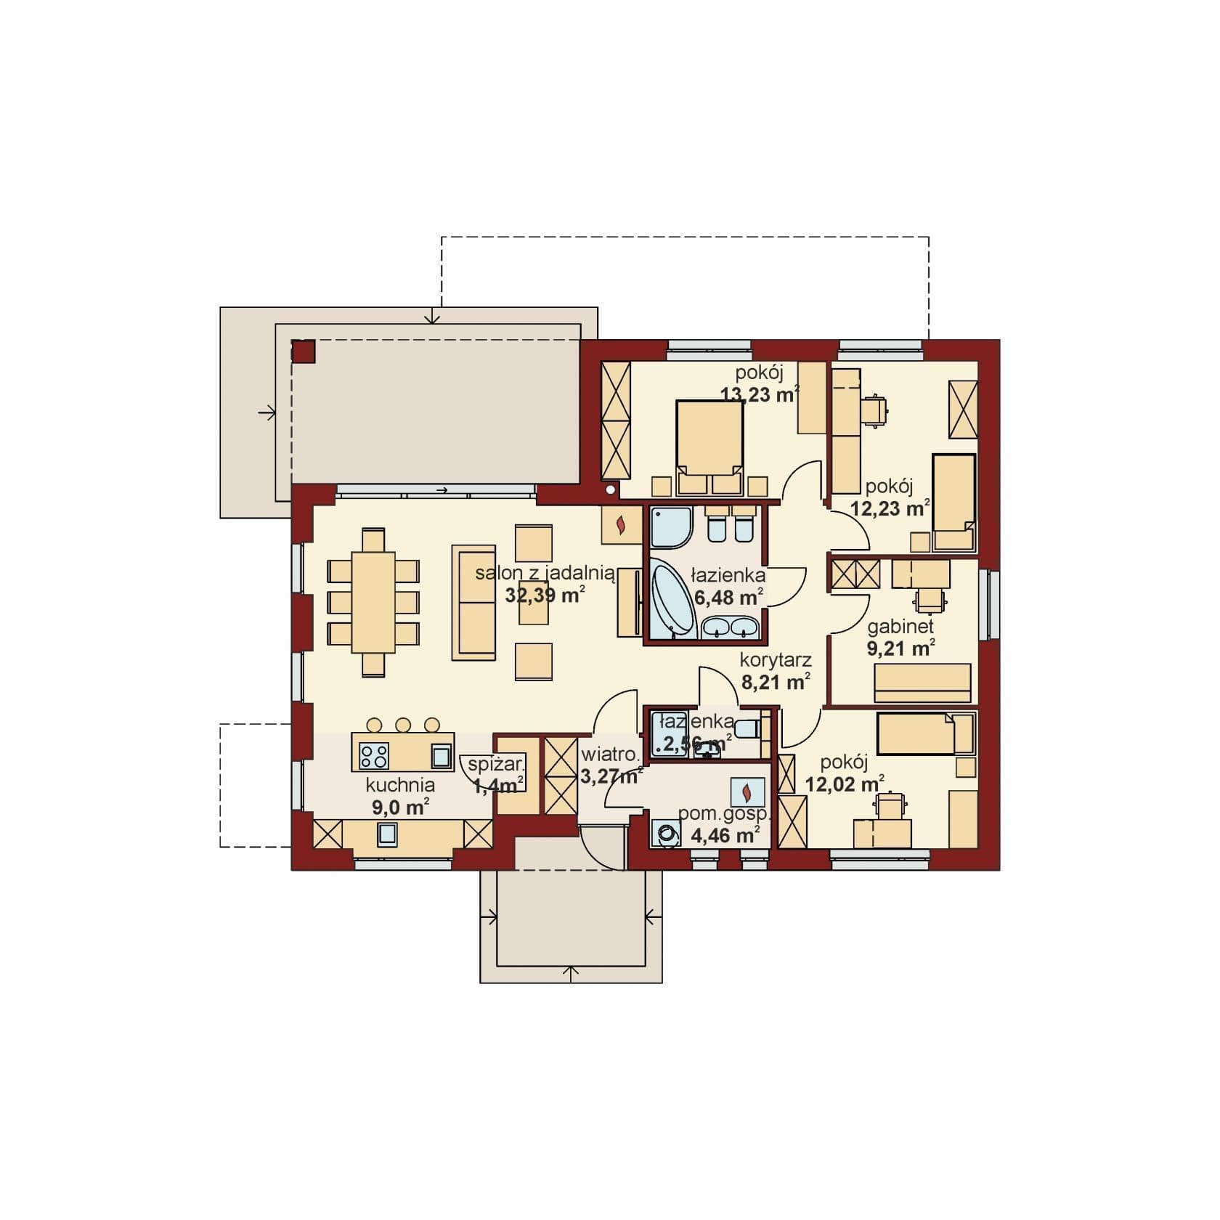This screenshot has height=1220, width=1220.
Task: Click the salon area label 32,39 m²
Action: [545, 595]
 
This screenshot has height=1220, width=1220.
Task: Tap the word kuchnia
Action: [400, 784]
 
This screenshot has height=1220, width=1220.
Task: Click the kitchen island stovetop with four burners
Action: [374, 756]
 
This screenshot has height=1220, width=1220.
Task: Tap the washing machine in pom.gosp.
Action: [667, 834]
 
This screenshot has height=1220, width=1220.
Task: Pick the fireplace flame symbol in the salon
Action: [621, 524]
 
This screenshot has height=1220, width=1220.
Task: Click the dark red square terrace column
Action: [303, 352]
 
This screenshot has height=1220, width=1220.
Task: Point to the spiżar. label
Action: [496, 763]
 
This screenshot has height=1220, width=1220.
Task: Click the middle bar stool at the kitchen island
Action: [403, 724]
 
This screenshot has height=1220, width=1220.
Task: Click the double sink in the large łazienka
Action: [730, 627]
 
